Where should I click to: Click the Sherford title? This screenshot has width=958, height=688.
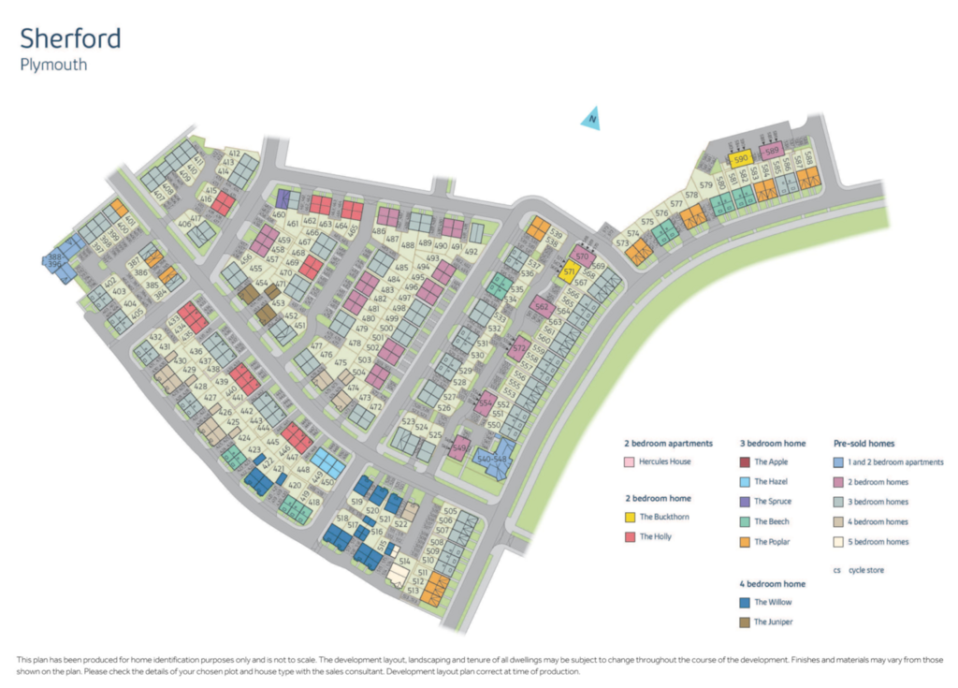coord(70,39)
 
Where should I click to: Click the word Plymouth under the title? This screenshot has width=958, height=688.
coord(53,66)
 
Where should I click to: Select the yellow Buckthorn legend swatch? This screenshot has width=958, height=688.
coord(630,517)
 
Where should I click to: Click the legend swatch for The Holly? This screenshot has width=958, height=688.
coord(630,536)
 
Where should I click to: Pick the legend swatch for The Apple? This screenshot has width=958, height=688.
coord(744,461)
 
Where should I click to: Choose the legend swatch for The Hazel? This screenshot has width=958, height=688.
coord(744,481)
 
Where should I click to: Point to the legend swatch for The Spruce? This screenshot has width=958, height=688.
coord(744,502)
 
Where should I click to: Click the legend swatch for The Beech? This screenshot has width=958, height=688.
coord(744,521)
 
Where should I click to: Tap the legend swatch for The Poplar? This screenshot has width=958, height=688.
coord(744,542)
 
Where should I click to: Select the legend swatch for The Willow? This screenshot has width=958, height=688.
coord(744,602)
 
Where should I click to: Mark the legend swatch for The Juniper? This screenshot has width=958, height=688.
coord(744,622)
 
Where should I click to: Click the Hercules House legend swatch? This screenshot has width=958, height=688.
coord(630,462)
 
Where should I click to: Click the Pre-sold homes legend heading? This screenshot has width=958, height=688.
coord(864,443)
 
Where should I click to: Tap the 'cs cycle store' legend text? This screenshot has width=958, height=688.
coord(858,570)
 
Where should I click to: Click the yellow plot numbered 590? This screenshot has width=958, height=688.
coord(741,159)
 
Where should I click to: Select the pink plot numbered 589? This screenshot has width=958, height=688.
coord(771,152)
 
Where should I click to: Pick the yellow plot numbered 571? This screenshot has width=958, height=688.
coord(568,272)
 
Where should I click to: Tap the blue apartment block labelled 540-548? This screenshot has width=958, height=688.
coord(493,459)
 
